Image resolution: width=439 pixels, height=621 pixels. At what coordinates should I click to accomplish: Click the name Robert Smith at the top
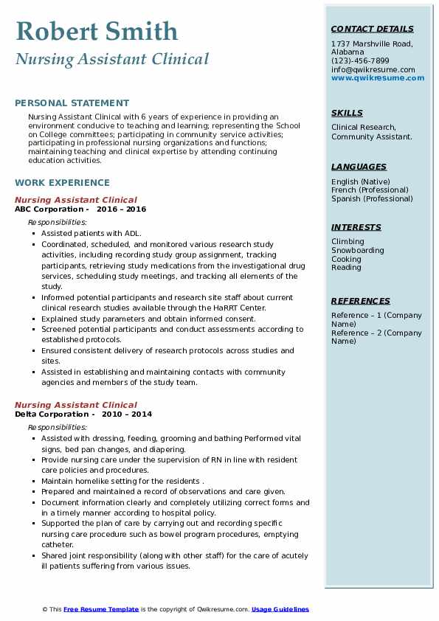[x=97, y=31]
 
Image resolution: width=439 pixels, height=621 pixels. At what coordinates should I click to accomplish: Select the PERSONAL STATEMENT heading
[x=72, y=103]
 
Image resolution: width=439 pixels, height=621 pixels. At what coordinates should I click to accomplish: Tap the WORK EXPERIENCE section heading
[x=62, y=182]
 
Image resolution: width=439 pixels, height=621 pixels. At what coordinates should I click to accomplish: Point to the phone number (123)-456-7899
[x=360, y=61]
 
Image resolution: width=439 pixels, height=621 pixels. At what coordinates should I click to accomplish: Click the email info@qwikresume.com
[x=373, y=69]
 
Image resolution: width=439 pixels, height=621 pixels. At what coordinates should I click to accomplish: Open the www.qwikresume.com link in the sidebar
[x=378, y=77]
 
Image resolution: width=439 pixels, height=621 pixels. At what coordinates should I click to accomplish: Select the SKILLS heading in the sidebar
[x=347, y=113]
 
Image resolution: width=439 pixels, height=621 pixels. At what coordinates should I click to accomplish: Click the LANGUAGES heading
[x=359, y=167]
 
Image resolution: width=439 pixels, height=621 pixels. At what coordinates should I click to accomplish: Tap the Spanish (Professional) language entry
[x=372, y=198]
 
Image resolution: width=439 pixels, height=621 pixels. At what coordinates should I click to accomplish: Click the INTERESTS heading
[x=356, y=227]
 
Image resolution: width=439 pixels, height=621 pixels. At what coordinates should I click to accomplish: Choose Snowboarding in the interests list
[x=358, y=251]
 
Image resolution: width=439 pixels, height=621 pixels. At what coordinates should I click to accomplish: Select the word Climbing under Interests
[x=348, y=242]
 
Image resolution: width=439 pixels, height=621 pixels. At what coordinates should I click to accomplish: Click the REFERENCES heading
[x=361, y=301]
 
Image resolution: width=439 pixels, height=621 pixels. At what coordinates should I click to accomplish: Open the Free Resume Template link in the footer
[x=101, y=609]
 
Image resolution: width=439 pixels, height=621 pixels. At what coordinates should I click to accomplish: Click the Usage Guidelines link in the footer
[x=280, y=609]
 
